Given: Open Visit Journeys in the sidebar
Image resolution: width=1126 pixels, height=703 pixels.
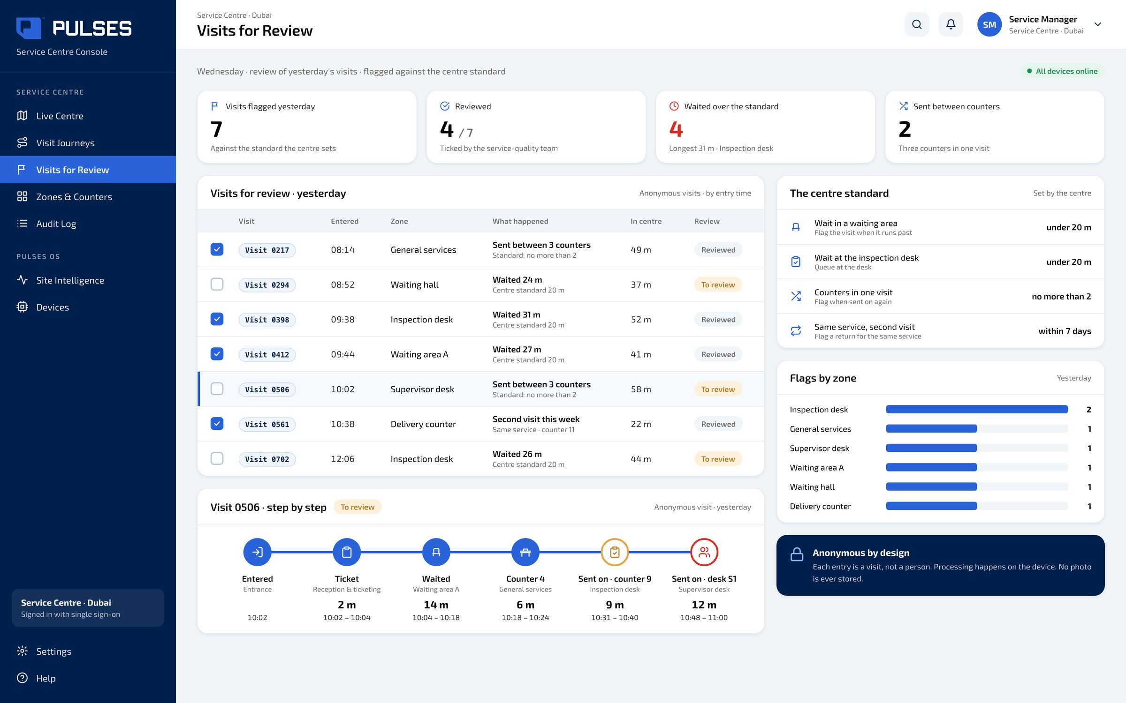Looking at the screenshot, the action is [x=65, y=143].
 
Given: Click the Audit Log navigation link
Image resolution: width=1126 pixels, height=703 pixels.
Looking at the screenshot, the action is [x=56, y=224].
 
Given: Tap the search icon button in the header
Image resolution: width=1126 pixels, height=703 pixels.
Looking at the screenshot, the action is [x=917, y=24].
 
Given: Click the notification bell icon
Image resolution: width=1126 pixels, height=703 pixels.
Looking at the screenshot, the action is [x=951, y=24].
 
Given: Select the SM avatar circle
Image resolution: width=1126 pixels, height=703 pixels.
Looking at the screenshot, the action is [x=989, y=24].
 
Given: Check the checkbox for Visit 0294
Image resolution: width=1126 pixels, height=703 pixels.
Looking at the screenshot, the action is [x=217, y=284].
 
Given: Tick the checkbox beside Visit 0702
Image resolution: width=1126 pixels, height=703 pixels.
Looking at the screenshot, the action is [x=217, y=459].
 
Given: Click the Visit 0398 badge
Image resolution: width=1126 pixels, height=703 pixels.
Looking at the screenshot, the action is [x=267, y=320].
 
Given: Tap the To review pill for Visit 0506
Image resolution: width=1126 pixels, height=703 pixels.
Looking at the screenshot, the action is [x=718, y=389].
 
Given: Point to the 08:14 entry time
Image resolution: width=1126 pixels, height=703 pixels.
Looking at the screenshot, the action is [x=342, y=250].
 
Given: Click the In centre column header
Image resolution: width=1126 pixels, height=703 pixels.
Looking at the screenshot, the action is [x=646, y=221].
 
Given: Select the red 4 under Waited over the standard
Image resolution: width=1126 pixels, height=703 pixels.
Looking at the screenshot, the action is [x=676, y=129].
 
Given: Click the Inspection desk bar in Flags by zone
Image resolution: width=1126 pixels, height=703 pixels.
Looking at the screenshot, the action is [x=977, y=410].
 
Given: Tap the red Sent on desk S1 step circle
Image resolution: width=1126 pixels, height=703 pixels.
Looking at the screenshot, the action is [x=704, y=552].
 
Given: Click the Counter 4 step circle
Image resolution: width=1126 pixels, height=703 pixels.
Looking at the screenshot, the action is [x=525, y=552].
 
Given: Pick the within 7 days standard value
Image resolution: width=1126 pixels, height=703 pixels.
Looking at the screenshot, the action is [x=1065, y=331].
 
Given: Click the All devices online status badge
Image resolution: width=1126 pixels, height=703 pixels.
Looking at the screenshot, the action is [x=1062, y=71].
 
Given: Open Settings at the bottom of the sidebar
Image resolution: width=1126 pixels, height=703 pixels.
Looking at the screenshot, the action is [x=53, y=651].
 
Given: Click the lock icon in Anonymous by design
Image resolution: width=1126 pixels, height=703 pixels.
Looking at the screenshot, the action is [x=797, y=554].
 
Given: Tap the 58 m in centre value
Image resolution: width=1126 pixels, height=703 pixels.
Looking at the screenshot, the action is [x=641, y=389].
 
